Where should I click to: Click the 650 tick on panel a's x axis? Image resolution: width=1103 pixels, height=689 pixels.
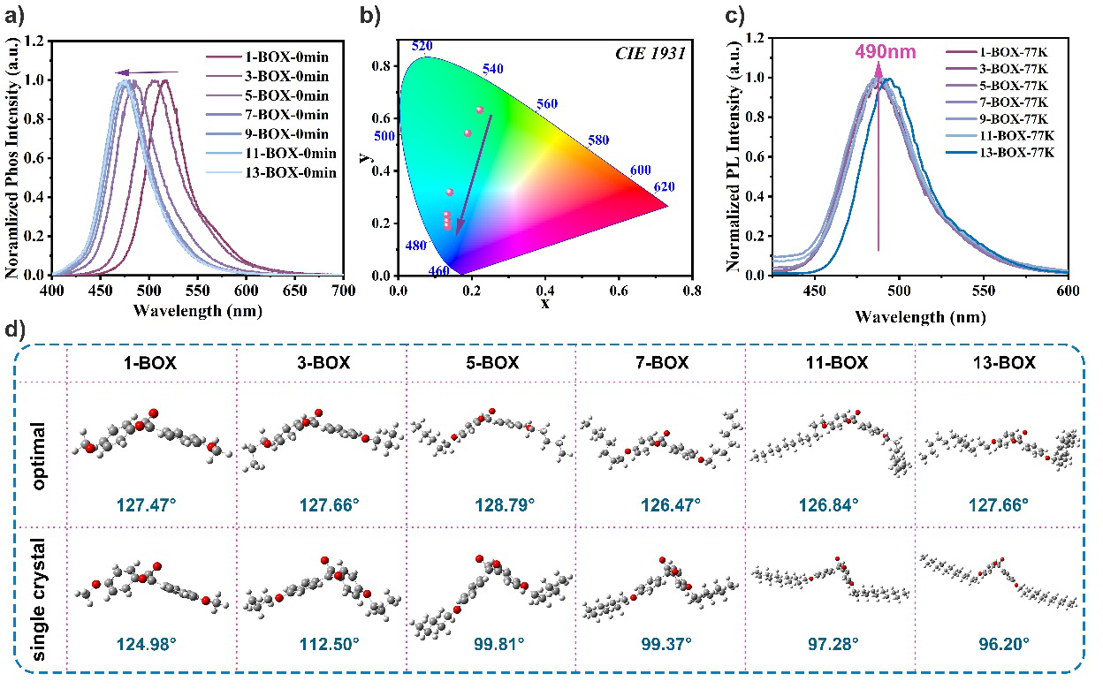coord(295,289)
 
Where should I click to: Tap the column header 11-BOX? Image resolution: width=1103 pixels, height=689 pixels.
coord(831,362)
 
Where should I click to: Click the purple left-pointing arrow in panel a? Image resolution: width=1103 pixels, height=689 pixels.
coord(147,73)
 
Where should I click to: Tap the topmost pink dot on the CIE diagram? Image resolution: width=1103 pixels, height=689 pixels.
coord(480,110)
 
